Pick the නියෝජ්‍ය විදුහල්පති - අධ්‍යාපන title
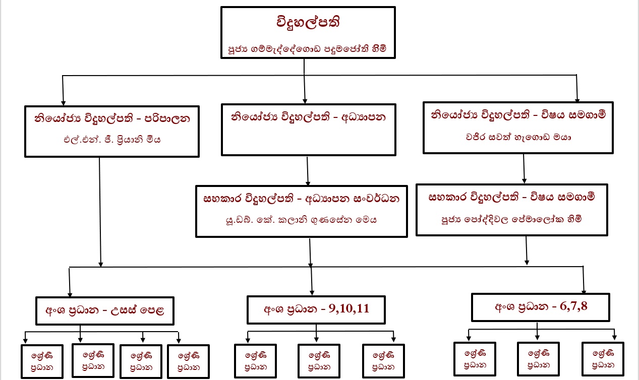(308, 117)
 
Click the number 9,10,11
(349, 308)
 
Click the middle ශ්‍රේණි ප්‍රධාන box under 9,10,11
(317, 361)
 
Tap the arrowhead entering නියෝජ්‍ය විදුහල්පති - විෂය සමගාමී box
(577, 100)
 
